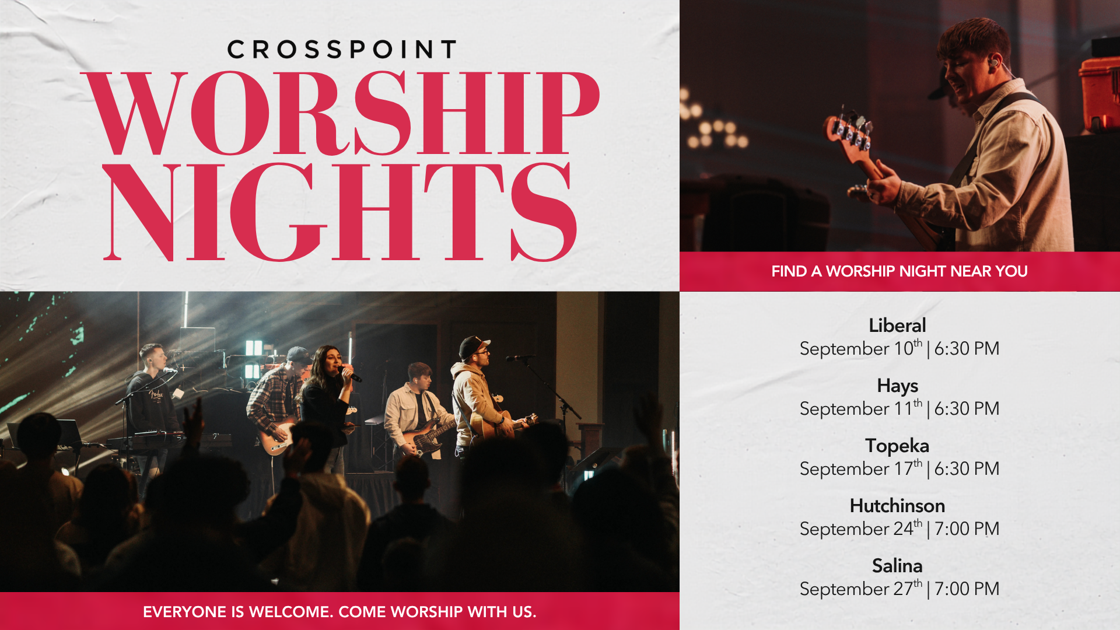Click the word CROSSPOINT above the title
coord(342,50)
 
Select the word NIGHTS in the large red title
coord(340,212)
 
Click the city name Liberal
coord(897,325)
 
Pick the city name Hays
coord(897,386)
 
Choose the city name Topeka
coord(897,446)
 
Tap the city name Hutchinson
coord(897,506)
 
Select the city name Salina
coord(897,566)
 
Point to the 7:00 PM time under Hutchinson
coord(967,529)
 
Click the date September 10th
coord(861,348)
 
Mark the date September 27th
coord(861,589)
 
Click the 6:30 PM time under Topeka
coord(967,469)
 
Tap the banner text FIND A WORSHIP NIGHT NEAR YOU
coord(900,271)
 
